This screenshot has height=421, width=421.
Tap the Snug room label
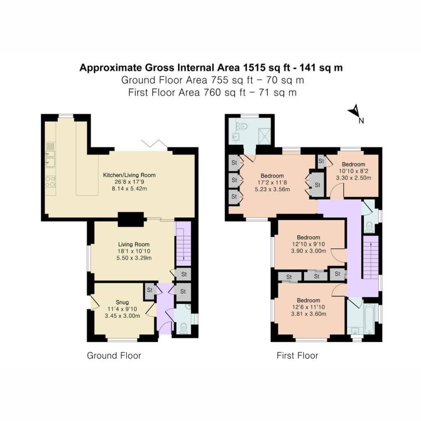pyautogui.click(x=122, y=302)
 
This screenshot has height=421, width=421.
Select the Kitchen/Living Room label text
pyautogui.click(x=129, y=175)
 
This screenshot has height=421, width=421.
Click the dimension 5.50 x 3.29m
pyautogui.click(x=134, y=258)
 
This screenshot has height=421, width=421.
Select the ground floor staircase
pyautogui.click(x=183, y=243)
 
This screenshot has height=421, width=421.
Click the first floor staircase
pyautogui.click(x=371, y=257)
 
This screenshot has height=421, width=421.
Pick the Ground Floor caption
pyautogui.click(x=114, y=356)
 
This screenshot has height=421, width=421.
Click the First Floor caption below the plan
pyautogui.click(x=297, y=356)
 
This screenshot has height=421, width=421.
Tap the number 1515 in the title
pyautogui.click(x=254, y=67)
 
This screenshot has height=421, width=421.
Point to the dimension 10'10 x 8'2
pyautogui.click(x=353, y=171)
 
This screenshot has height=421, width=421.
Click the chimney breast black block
pyautogui.click(x=131, y=219)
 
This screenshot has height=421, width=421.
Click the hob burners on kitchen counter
pyautogui.click(x=51, y=182)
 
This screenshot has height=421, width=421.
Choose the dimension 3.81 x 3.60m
pyautogui.click(x=308, y=314)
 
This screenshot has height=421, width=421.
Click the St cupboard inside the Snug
pyautogui.click(x=150, y=291)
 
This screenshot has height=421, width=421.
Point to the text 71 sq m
pyautogui.click(x=278, y=93)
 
